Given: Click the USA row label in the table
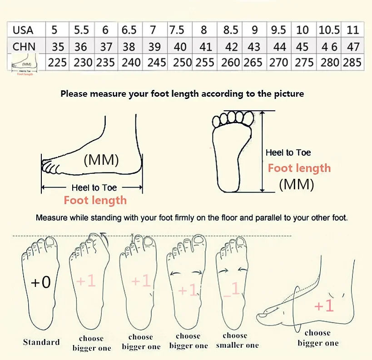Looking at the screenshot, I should pos(23,30).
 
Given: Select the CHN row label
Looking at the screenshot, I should pos(24,46).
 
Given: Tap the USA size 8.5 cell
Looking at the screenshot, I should pos(231,30).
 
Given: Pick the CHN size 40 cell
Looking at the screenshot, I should pos(180,46).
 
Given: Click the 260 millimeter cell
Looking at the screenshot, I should pos(230,62).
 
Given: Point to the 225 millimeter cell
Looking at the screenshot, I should pos(57,62).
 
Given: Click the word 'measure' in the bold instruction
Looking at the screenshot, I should pos(114,94).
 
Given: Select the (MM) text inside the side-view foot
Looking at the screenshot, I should pos(101,160).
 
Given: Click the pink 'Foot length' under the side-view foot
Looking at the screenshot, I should pos(95,200).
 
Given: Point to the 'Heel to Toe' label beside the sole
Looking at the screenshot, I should pos(288,153).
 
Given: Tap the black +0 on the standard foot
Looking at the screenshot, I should pos(40,282).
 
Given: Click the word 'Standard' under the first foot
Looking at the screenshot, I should pos(41,342).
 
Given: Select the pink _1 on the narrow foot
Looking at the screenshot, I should pos(232,289).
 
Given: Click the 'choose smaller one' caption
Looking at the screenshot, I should pos(235,340).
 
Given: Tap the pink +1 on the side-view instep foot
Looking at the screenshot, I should pos(324,306).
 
